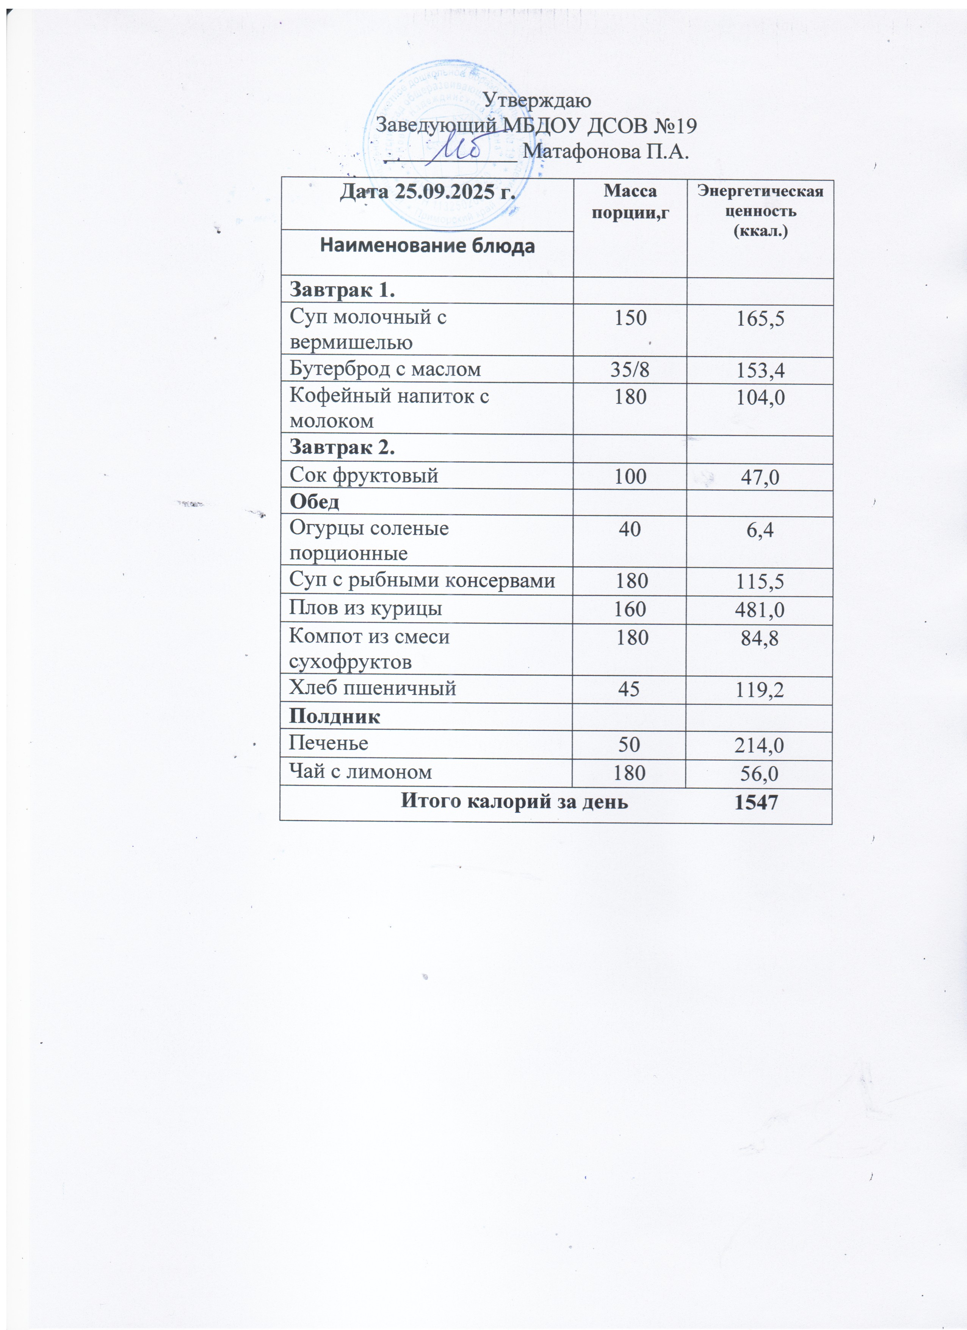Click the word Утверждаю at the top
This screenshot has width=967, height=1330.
tap(538, 100)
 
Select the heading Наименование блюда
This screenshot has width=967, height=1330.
tap(427, 246)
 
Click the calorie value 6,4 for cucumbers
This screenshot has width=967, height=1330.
tap(760, 531)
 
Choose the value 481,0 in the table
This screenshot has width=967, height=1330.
tap(760, 610)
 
